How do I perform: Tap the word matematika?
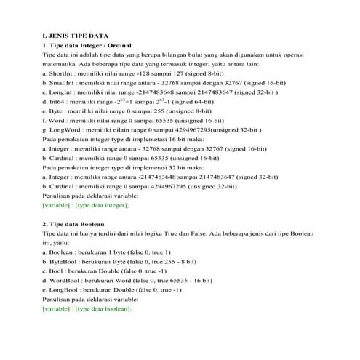[60, 64]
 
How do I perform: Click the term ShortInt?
[62, 73]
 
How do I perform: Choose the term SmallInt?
[63, 83]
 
